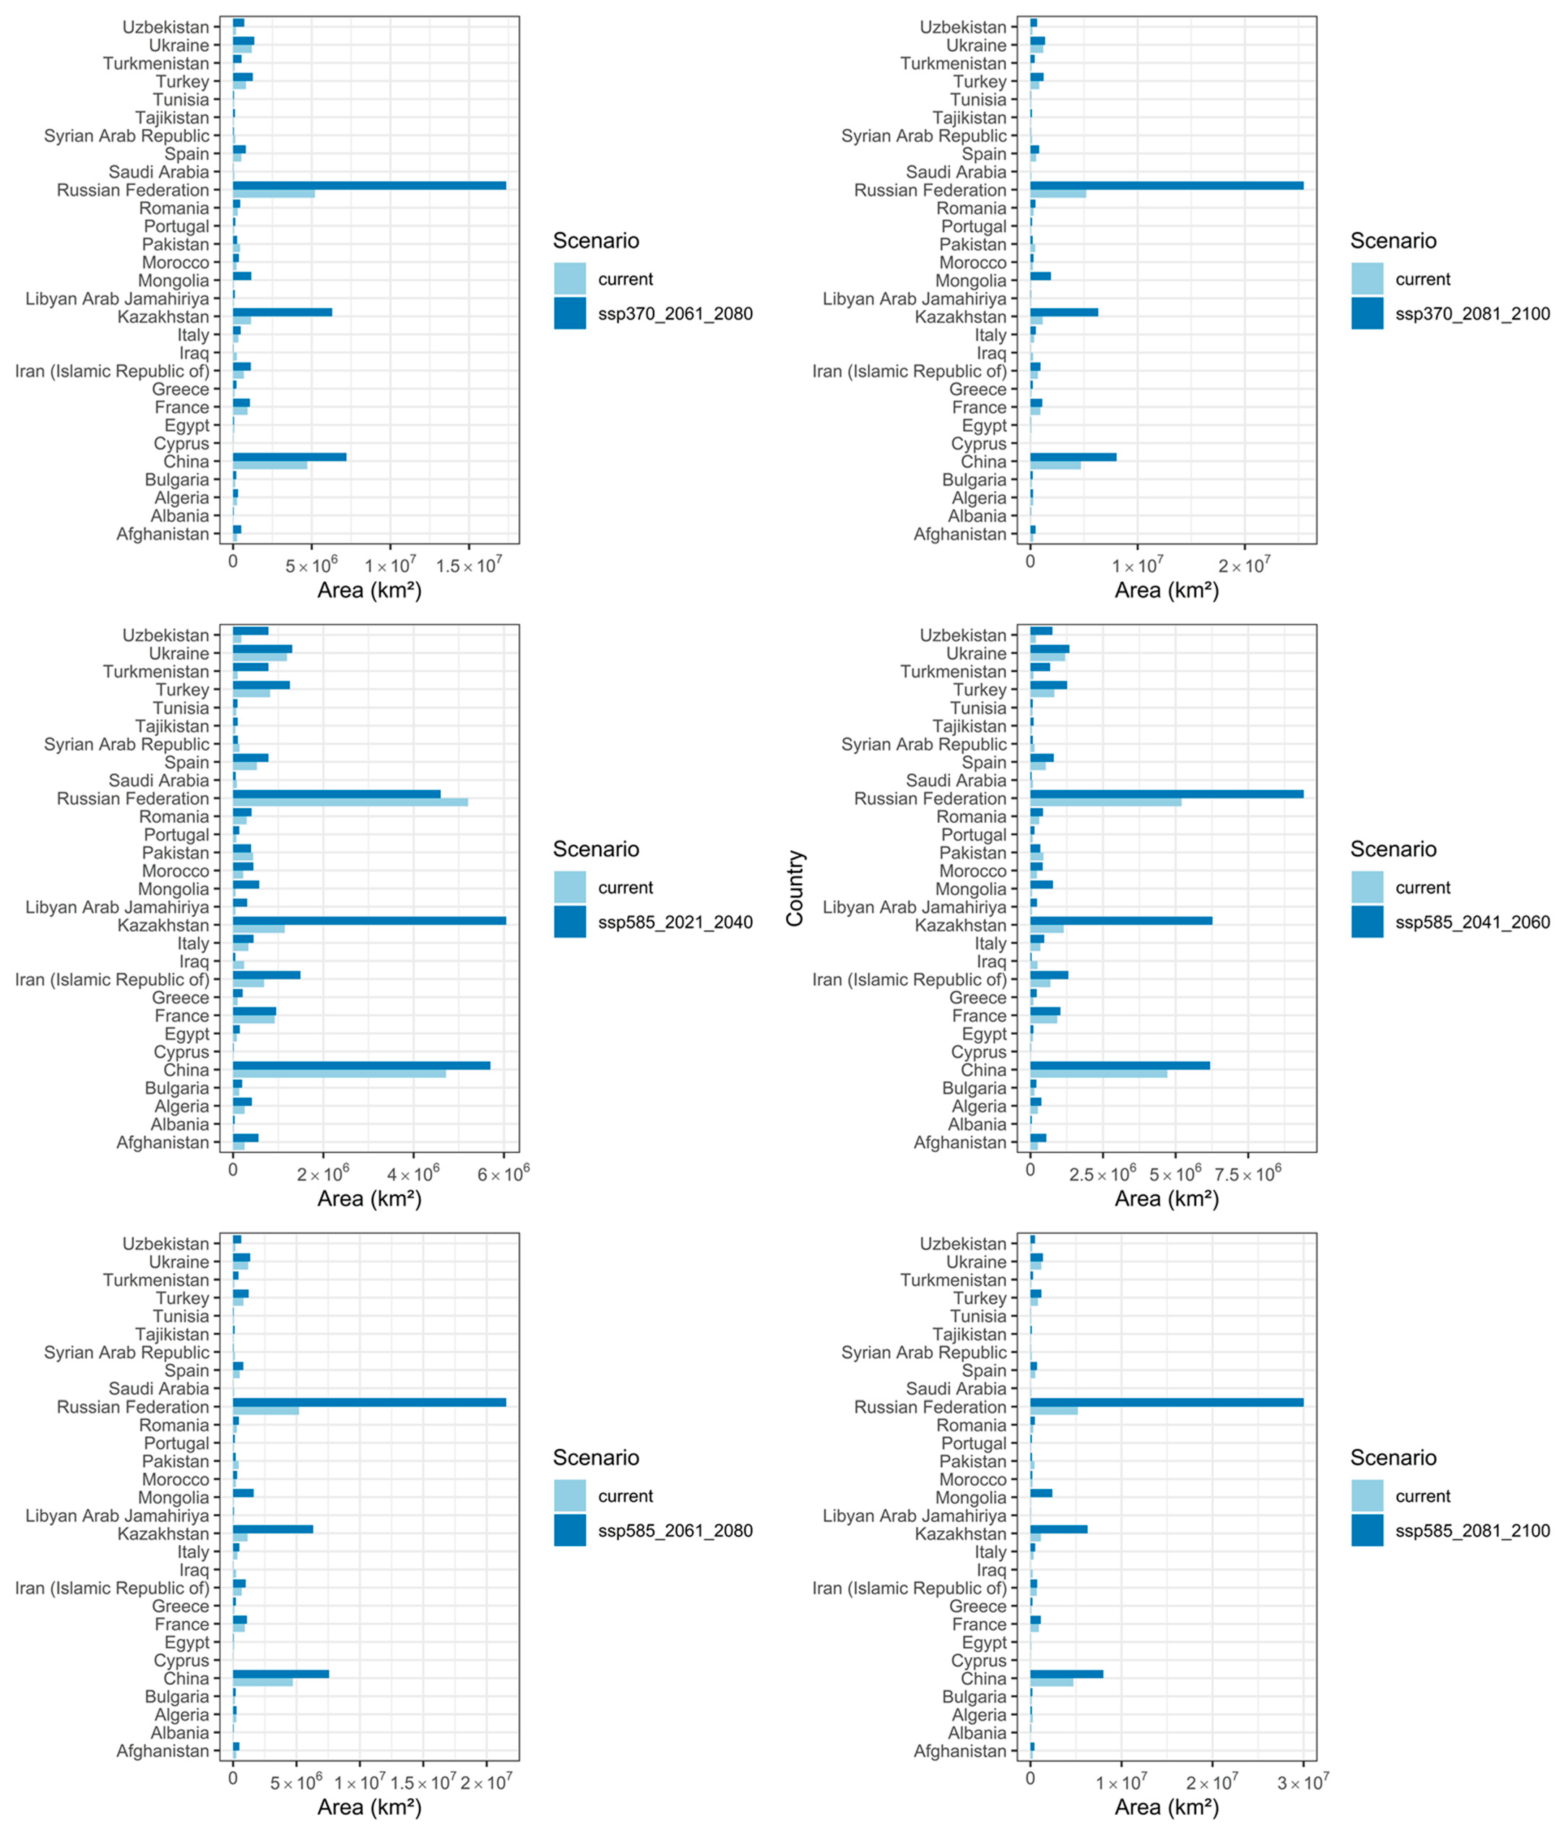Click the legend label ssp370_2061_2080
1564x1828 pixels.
coord(675,314)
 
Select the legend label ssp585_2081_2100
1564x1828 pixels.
coord(1472,1531)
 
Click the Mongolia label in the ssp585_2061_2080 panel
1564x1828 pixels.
coord(174,1497)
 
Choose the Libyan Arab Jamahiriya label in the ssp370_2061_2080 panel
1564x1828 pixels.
coord(117,298)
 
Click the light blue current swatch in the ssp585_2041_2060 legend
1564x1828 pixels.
coord(1367,887)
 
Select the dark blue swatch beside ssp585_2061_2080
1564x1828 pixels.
coord(570,1531)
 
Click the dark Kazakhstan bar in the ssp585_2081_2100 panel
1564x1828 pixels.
coord(1059,1529)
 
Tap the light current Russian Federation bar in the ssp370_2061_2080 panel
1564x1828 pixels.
coord(273,193)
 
